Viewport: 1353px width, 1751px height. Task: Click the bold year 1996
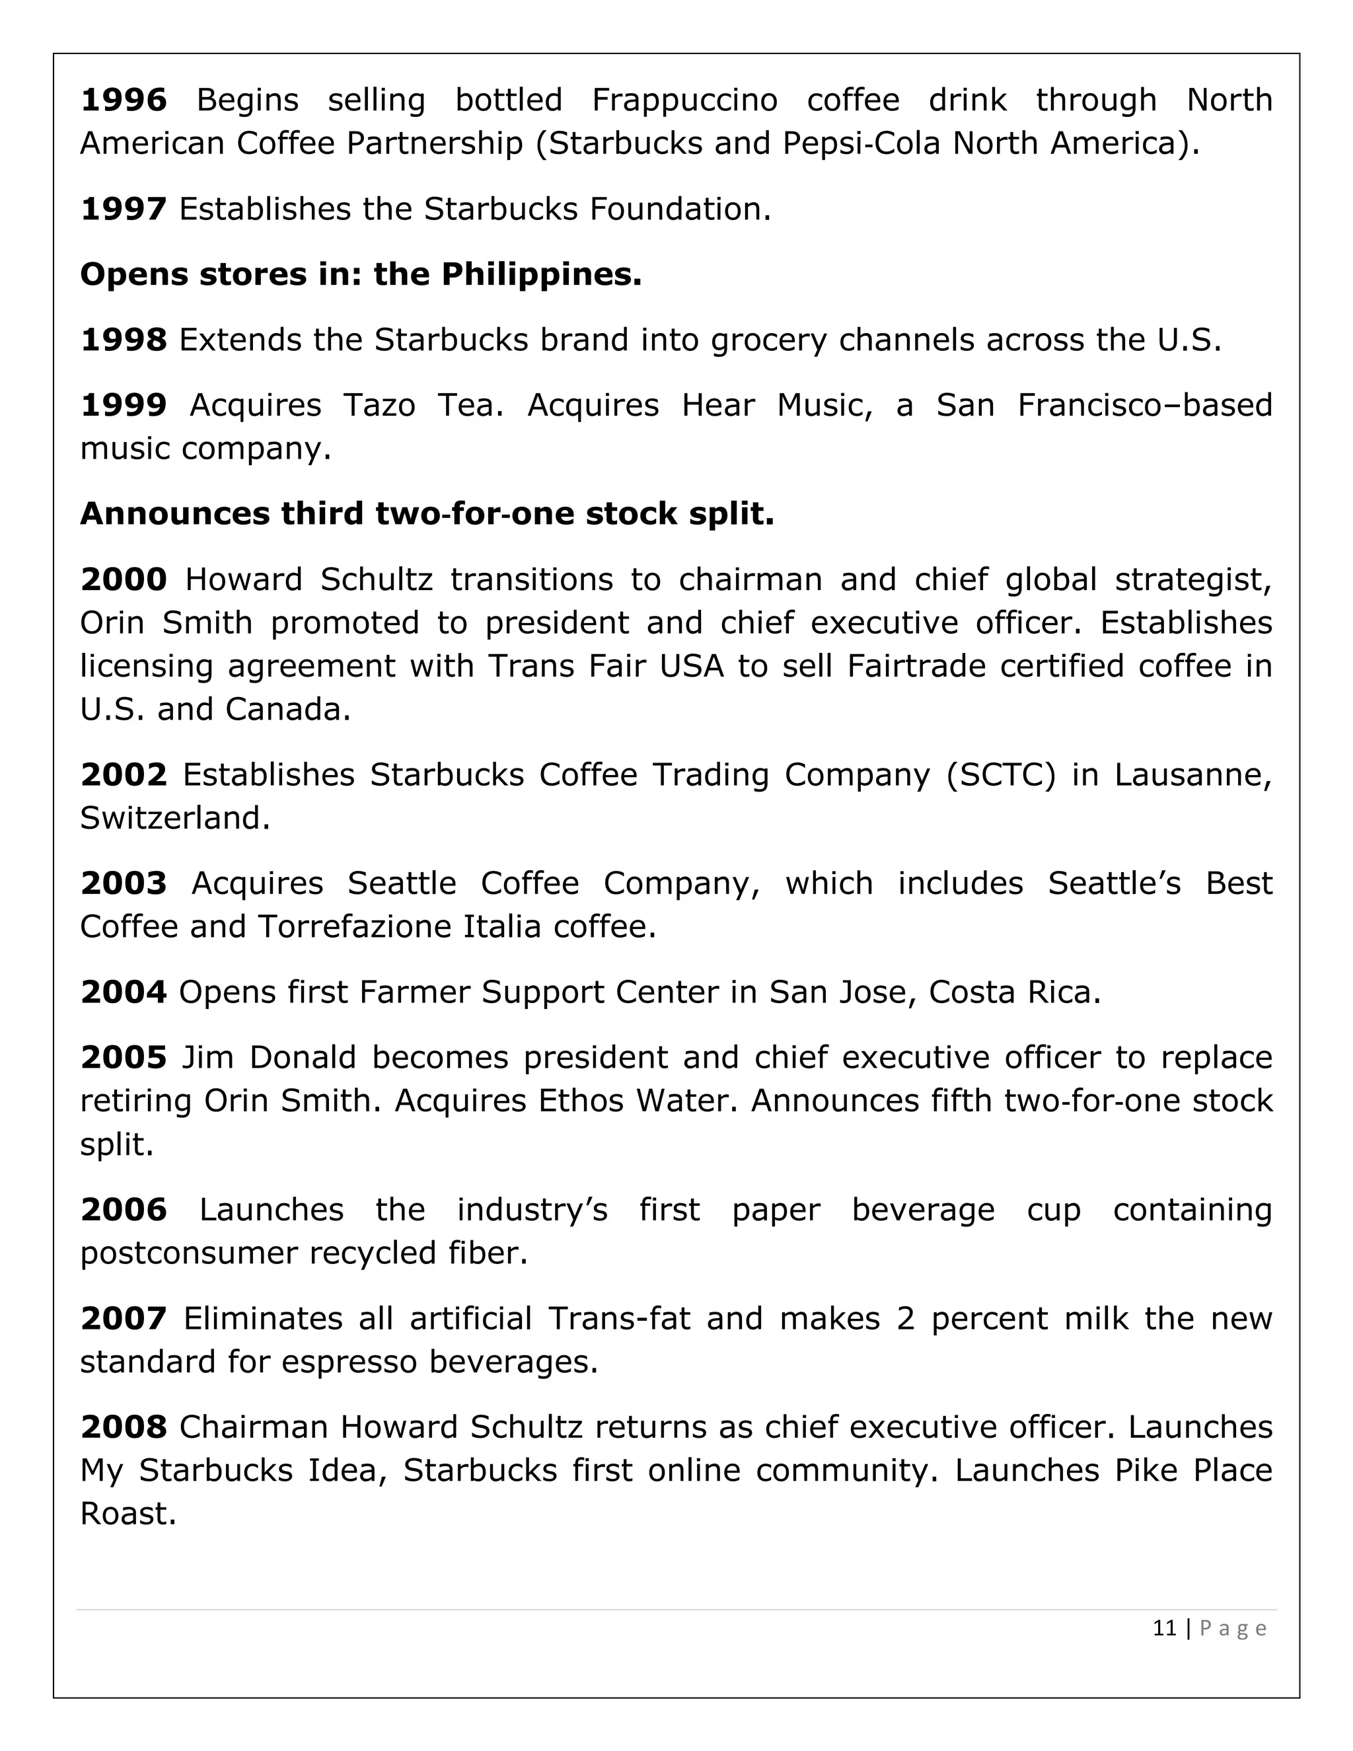pos(124,100)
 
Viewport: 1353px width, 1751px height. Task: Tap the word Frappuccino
pos(684,100)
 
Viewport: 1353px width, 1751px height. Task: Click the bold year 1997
pos(124,209)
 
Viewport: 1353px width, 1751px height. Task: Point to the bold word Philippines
pos(541,275)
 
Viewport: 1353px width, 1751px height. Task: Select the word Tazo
pos(379,406)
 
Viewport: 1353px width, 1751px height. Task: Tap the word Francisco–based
pos(1145,406)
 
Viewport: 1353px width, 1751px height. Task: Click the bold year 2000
pos(124,579)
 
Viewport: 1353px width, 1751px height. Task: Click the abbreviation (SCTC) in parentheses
pos(1000,775)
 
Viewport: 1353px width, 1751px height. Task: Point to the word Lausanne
pos(1192,775)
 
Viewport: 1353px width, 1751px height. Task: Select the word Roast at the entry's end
pos(128,1514)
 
